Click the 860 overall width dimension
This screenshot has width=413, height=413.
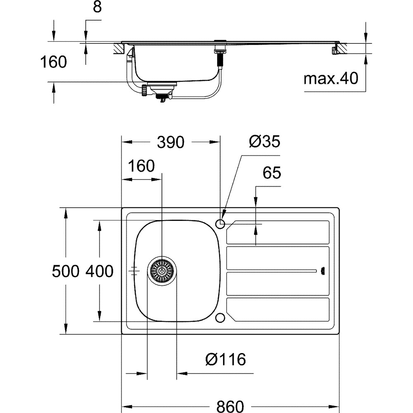coord(230,406)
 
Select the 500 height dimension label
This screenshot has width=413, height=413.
coord(65,271)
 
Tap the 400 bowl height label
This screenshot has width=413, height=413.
coord(100,271)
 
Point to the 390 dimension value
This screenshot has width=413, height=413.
coord(171,142)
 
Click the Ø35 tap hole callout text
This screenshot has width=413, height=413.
coord(265,141)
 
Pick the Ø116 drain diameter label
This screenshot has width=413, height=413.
coord(225,359)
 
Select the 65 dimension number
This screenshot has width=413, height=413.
coord(272,173)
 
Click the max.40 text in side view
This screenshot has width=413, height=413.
coord(331,78)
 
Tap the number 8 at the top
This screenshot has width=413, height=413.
coord(97,7)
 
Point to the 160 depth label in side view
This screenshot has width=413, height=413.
coord(53,62)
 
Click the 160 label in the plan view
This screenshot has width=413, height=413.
coord(141,166)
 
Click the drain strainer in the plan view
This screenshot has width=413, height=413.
coord(162,271)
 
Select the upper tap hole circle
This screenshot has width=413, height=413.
coord(220,224)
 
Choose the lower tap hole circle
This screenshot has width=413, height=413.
coord(220,318)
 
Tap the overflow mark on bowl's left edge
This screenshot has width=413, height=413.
coord(135,271)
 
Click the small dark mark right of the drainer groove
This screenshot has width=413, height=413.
coord(323,271)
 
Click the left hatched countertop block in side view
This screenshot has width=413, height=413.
coord(119,48)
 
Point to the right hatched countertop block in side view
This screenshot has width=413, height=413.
coord(342,48)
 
